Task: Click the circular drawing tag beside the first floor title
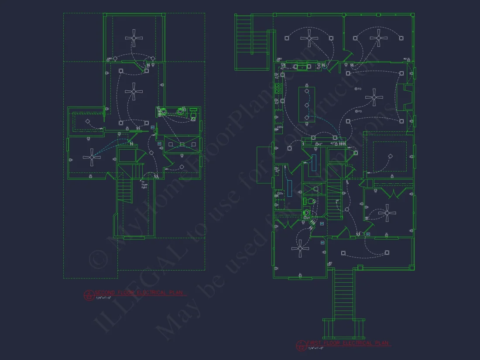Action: [x=301, y=346]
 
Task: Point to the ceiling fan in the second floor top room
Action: [x=134, y=38]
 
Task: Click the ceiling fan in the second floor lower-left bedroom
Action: [x=92, y=157]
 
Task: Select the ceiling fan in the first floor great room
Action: [x=374, y=97]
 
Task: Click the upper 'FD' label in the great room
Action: [x=358, y=89]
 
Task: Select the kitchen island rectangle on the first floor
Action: [x=306, y=105]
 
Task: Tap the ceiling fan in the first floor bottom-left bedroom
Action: [x=300, y=248]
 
